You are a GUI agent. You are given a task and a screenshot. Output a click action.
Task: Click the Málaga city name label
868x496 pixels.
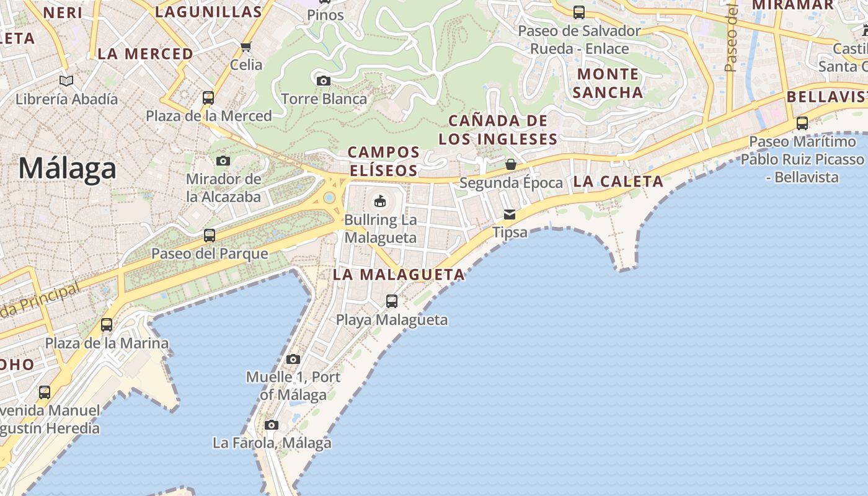pyautogui.click(x=67, y=169)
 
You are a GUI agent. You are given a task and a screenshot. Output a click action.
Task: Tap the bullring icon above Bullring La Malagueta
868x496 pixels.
pyautogui.click(x=380, y=201)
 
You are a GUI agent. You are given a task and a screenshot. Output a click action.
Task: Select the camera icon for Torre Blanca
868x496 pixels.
pyautogui.click(x=323, y=81)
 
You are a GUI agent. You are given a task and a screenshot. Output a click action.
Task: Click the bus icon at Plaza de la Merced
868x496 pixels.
pyautogui.click(x=208, y=98)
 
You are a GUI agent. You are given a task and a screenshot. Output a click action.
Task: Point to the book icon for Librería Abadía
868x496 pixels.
pyautogui.click(x=66, y=81)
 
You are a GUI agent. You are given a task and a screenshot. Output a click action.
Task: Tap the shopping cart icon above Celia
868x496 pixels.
pyautogui.click(x=246, y=46)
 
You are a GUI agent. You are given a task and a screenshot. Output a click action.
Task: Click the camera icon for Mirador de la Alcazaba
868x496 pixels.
pyautogui.click(x=223, y=161)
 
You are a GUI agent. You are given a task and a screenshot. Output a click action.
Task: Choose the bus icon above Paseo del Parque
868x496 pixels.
pyautogui.click(x=210, y=236)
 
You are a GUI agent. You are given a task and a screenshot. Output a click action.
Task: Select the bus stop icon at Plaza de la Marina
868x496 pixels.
pyautogui.click(x=107, y=325)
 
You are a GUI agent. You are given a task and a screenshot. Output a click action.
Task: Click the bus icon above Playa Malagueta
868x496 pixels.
pyautogui.click(x=392, y=301)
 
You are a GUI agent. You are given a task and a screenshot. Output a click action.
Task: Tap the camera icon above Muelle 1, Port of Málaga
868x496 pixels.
pyautogui.click(x=293, y=359)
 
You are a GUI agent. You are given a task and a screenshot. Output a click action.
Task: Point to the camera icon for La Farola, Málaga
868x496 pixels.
pyautogui.click(x=272, y=425)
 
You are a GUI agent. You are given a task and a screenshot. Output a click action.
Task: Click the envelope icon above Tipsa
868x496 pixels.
pyautogui.click(x=510, y=215)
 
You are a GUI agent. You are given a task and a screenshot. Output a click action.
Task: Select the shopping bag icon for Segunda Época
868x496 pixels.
pyautogui.click(x=511, y=164)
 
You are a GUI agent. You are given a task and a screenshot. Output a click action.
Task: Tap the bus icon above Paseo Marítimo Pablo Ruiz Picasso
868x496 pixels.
pyautogui.click(x=802, y=123)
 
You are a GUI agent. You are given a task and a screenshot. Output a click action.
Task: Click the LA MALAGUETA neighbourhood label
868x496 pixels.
pyautogui.click(x=399, y=275)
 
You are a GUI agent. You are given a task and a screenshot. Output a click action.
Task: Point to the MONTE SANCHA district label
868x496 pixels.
pyautogui.click(x=608, y=83)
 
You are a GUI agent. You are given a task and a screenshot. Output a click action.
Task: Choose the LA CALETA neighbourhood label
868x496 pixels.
pyautogui.click(x=618, y=182)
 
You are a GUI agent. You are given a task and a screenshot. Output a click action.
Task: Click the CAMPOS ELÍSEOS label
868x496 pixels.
pyautogui.click(x=384, y=161)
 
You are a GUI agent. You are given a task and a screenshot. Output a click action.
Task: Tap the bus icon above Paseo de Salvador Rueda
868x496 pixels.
pyautogui.click(x=579, y=12)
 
